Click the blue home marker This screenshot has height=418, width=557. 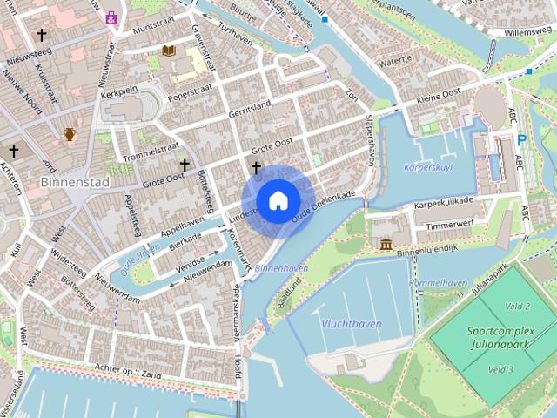pos(278,200)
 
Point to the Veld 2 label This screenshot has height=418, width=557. pos(517,306)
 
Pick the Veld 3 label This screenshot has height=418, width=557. pos(500,369)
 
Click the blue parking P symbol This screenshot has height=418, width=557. pos(521,139)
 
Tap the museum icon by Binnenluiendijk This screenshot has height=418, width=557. pos(386,245)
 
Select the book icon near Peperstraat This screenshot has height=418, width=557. pos(167,52)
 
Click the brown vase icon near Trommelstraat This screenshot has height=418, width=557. pos(70,134)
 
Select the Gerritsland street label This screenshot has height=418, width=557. pos(251,109)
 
